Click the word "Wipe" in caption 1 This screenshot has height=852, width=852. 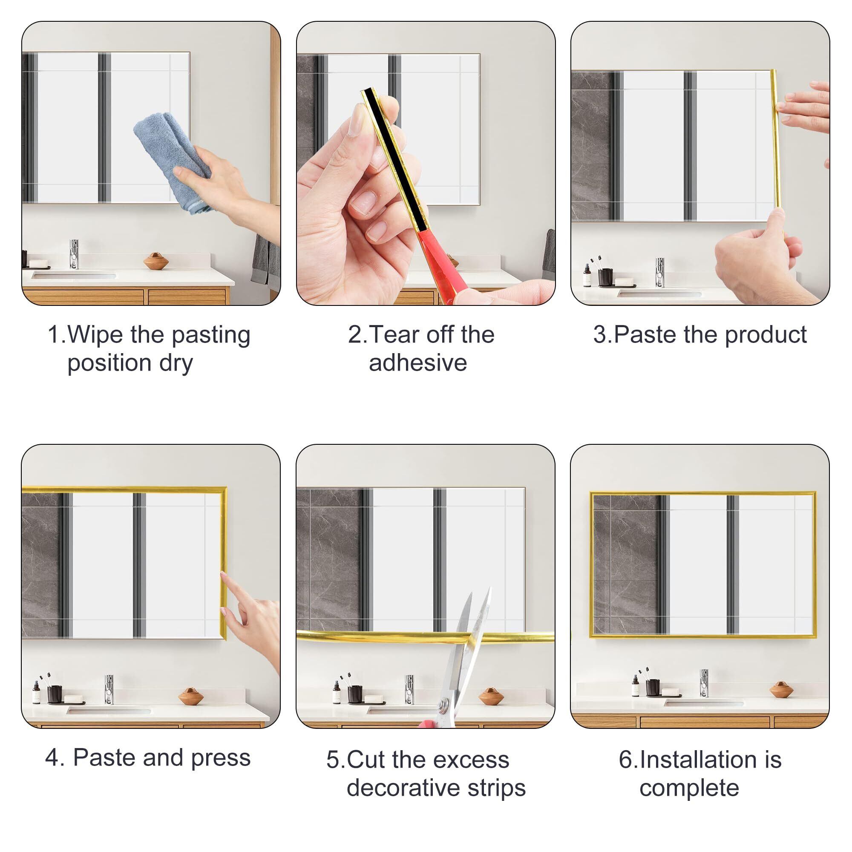(x=95, y=335)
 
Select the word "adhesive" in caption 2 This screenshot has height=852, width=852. (x=417, y=363)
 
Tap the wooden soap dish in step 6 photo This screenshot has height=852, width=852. (x=781, y=690)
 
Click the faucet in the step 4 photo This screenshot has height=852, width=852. (x=109, y=689)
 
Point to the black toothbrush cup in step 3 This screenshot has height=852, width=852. (x=605, y=277)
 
